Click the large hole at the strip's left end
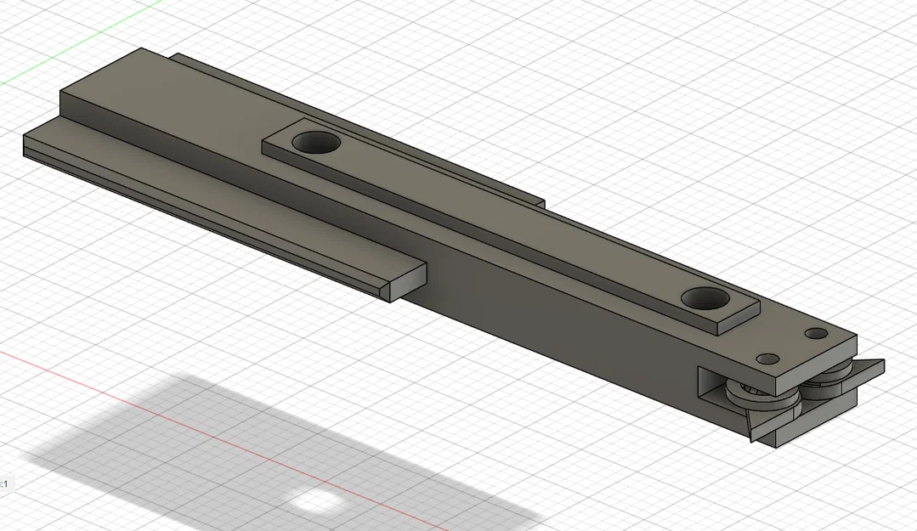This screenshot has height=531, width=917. tap(314, 142)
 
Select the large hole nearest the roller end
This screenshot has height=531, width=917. tap(706, 299)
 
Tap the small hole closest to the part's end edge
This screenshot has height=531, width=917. tap(816, 333)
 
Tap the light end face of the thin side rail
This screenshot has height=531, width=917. tap(408, 281)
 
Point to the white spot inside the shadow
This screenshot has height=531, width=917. tap(314, 501)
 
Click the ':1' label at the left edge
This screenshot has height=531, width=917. tap(4, 483)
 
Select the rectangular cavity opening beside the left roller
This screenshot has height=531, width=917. tap(712, 383)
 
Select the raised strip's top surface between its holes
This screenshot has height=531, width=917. tap(510, 221)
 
